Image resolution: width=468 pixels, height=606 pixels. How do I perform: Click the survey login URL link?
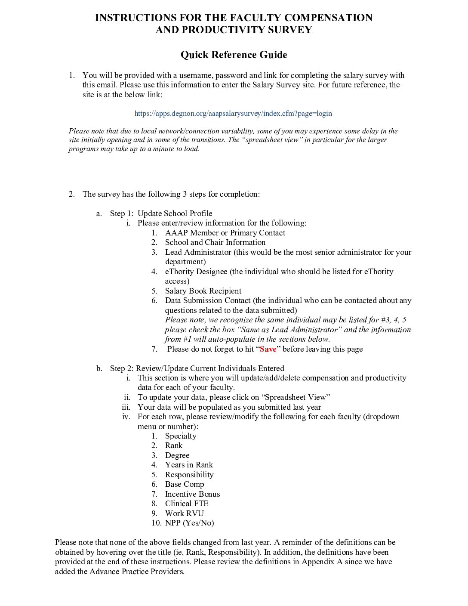pyautogui.click(x=233, y=114)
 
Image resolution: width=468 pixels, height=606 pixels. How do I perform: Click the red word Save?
pyautogui.click(x=268, y=349)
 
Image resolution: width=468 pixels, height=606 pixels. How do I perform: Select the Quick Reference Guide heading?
pyautogui.click(x=234, y=55)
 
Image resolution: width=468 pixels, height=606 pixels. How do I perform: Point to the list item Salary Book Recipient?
pyautogui.click(x=203, y=291)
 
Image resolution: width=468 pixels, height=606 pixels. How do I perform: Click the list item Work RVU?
pyautogui.click(x=184, y=513)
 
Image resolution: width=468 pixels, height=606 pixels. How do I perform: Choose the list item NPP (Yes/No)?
pyautogui.click(x=189, y=523)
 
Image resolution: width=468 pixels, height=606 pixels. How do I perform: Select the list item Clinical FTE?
pyautogui.click(x=187, y=504)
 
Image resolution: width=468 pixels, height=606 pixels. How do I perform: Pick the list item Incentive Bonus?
pyautogui.click(x=192, y=494)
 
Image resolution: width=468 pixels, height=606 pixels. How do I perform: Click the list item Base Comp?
pyautogui.click(x=185, y=484)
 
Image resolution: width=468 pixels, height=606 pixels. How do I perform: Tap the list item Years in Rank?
pyautogui.click(x=189, y=465)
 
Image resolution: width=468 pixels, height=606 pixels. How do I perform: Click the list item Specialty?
pyautogui.click(x=181, y=436)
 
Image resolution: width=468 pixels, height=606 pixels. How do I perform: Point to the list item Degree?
pyautogui.click(x=177, y=455)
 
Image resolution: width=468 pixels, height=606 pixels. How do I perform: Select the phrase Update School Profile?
pyautogui.click(x=175, y=213)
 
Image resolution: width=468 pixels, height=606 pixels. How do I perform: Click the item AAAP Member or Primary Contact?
pyautogui.click(x=225, y=233)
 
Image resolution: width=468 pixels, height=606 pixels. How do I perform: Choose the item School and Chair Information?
pyautogui.click(x=215, y=242)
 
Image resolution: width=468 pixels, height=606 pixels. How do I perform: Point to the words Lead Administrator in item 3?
pyautogui.click(x=198, y=252)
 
